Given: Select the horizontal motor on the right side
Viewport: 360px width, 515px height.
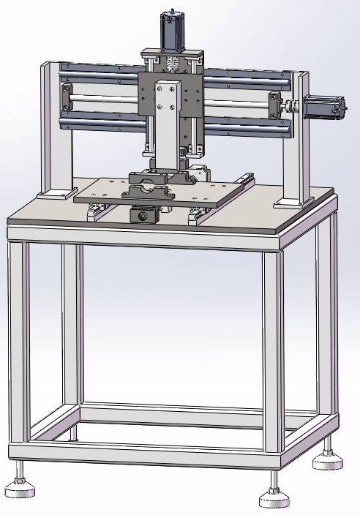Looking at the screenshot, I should click(322, 107).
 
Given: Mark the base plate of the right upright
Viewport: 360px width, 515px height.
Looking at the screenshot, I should click(296, 200).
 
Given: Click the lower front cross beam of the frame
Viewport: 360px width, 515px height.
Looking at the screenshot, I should click(146, 455).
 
